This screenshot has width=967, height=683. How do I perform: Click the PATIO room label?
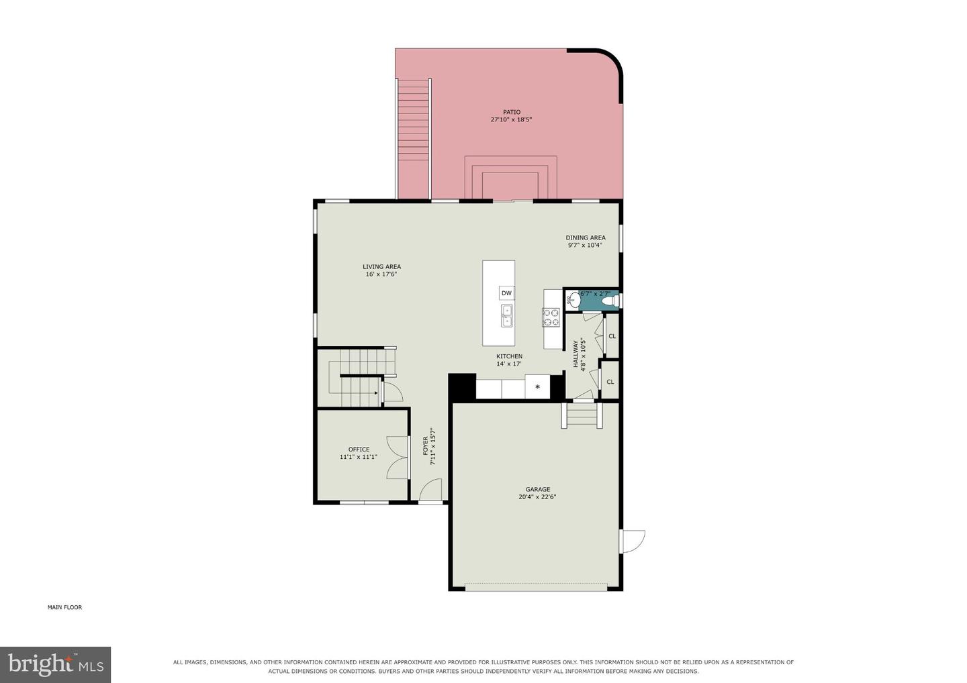point(512,112)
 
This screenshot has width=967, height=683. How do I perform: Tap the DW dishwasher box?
point(506,293)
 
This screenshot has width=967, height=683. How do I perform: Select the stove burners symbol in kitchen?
point(551,317)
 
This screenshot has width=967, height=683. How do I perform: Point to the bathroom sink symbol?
point(573,299)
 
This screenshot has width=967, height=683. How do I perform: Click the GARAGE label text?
point(537,489)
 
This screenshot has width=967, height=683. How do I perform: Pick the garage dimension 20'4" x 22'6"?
point(537,496)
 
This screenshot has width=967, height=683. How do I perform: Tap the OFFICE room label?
point(359,450)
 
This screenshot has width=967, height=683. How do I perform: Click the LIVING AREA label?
point(381,266)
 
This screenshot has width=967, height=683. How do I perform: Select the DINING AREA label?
point(586,238)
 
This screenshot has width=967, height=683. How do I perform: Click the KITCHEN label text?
point(510,356)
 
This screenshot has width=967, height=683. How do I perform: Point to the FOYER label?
point(426,446)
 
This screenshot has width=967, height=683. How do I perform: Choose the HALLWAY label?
point(575,354)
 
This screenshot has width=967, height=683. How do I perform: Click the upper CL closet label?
point(612,336)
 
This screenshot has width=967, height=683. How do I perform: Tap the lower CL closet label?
point(610,382)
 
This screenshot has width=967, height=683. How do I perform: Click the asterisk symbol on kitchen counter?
point(537,386)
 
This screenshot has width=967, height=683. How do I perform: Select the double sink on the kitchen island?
point(506,315)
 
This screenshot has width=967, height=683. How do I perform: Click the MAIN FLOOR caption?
point(64,607)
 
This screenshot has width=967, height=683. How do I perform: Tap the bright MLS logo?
point(55,664)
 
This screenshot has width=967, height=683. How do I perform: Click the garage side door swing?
point(633,541)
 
